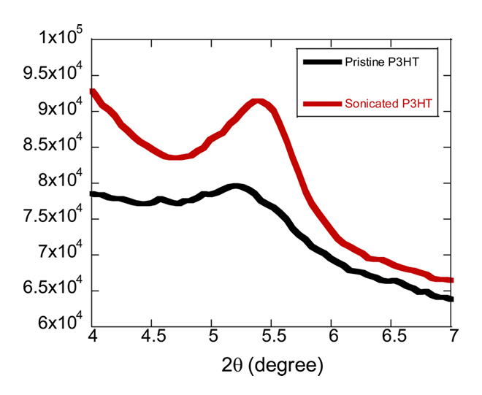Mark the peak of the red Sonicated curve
(x=257, y=102)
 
